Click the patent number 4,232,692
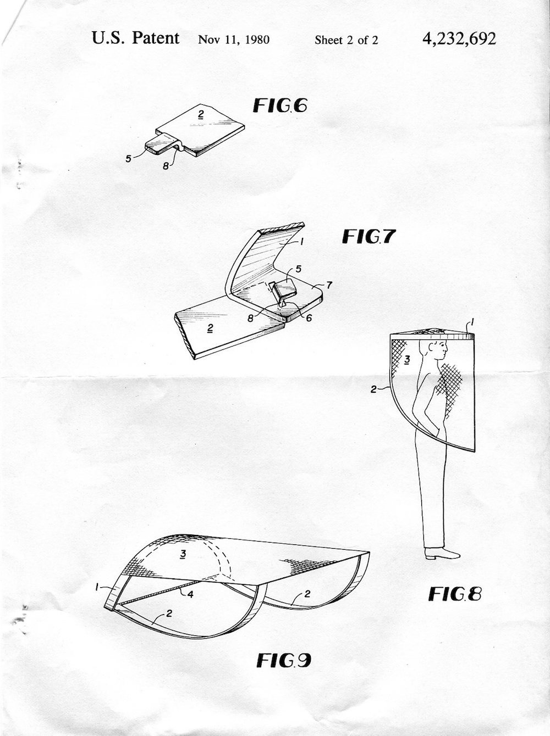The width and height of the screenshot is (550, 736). tap(459, 39)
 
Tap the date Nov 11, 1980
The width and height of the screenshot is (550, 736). tap(234, 40)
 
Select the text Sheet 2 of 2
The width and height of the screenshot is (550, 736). tap(346, 40)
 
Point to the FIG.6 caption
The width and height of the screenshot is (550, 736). tap(280, 106)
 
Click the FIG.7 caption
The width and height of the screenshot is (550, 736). tap(369, 236)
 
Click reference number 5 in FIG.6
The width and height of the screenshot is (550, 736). tap(128, 159)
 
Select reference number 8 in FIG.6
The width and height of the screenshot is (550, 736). tap(166, 166)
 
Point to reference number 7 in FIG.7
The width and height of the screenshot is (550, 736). tap(329, 286)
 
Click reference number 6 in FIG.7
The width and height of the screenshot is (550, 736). tap(309, 317)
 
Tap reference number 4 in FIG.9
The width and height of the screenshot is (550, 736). tap(191, 594)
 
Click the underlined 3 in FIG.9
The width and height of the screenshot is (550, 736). tap(183, 555)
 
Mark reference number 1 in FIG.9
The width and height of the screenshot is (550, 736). tap(97, 587)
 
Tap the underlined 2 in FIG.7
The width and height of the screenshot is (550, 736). tap(210, 328)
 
